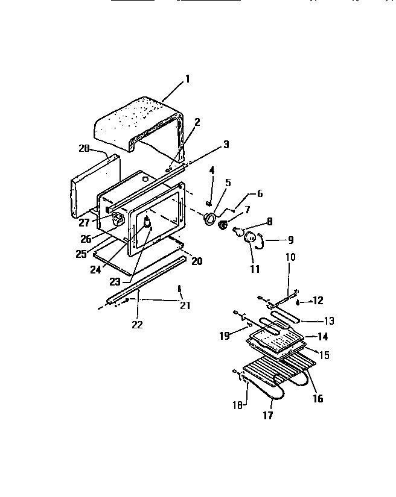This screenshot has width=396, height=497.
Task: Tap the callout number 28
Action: [x=85, y=148]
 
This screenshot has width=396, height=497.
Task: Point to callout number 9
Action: [x=290, y=239]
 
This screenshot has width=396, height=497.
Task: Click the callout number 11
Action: [x=255, y=269]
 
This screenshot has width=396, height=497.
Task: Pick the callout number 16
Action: [x=318, y=398]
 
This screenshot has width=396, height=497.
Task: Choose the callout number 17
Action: [x=269, y=415]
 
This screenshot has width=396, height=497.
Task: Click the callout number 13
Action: [x=328, y=321]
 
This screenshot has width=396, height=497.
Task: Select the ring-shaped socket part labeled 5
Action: [x=209, y=218]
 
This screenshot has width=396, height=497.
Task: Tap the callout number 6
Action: [x=260, y=193]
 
